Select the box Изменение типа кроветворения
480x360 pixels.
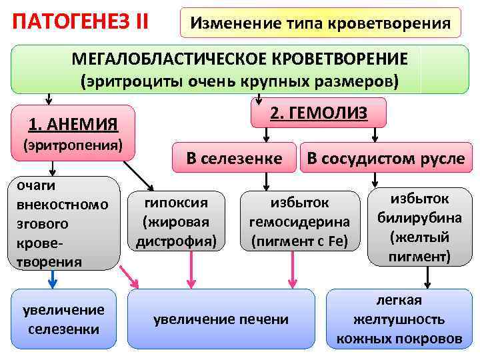click(x=321, y=24)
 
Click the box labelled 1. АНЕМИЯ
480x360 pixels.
click(x=74, y=123)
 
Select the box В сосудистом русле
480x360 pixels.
click(x=386, y=158)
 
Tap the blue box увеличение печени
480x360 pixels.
click(x=221, y=319)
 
